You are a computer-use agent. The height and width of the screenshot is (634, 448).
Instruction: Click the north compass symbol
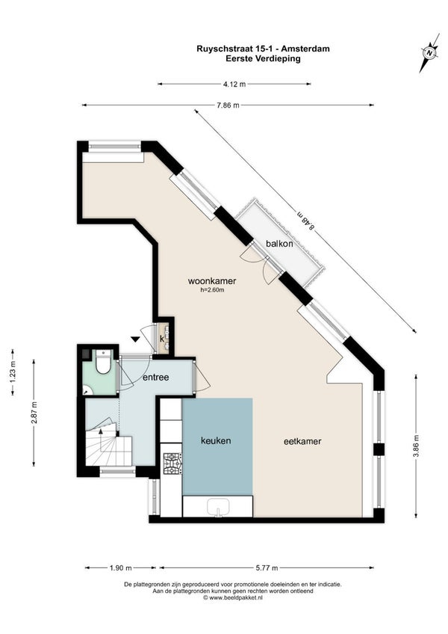[429, 52]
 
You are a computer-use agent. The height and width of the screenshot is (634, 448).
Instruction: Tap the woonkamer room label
[212, 281]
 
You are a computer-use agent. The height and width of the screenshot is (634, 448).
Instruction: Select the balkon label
[279, 244]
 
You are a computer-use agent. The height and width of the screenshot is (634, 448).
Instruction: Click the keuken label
[216, 440]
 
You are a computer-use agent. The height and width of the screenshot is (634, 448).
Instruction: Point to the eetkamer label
[302, 441]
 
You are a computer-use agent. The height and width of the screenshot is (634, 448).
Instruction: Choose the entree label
[155, 378]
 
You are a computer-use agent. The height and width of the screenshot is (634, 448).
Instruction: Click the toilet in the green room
[103, 362]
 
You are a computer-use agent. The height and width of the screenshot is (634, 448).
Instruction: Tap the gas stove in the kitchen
[172, 464]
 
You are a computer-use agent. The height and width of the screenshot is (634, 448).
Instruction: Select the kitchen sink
[218, 507]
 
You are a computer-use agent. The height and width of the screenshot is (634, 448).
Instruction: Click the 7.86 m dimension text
[228, 105]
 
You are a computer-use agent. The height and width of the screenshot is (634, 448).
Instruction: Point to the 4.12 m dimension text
[234, 84]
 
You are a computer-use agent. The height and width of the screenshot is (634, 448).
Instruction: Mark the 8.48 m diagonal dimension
[305, 221]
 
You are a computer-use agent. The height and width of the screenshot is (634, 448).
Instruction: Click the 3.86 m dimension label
[416, 446]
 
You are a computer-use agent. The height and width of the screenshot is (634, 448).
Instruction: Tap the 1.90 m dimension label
[120, 567]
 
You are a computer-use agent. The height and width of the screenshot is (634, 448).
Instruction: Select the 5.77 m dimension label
[267, 567]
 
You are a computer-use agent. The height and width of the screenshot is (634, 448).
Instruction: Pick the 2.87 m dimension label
[34, 413]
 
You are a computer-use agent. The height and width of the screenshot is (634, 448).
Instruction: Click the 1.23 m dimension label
[13, 372]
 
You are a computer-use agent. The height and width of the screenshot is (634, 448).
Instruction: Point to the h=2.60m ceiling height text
[212, 290]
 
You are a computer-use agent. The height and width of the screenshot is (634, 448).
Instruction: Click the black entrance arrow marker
[135, 339]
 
